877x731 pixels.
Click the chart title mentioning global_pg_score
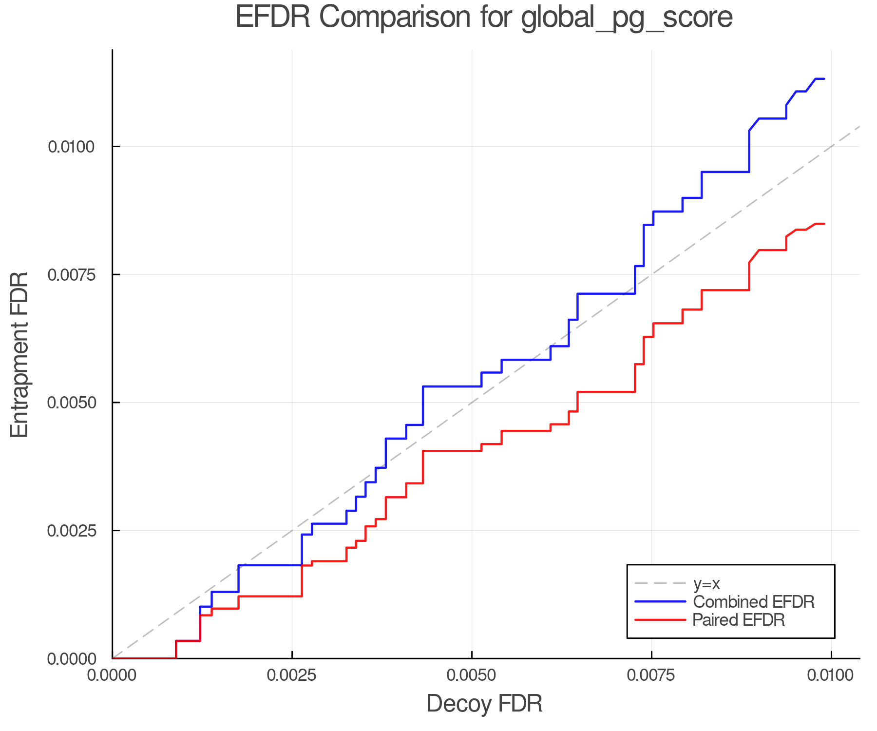coord(484,17)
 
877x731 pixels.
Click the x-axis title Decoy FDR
coord(484,704)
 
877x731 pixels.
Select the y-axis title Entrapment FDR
coord(19,354)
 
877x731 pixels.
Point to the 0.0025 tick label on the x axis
coord(292,675)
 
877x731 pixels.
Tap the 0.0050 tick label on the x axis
coord(472,675)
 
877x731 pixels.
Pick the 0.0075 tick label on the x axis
coord(651,675)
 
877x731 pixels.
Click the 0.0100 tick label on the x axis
coord(831,675)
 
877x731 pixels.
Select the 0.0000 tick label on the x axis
coord(113,675)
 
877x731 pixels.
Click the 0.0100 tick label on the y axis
coord(72,146)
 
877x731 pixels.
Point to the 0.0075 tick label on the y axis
coord(72,274)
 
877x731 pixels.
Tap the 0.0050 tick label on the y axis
coord(72,403)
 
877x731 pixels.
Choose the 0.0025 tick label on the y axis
coord(72,530)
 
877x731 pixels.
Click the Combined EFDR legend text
coord(753,602)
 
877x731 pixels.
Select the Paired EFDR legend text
coord(739,620)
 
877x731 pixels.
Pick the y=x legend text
coord(706,583)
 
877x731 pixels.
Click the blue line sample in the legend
coord(660,602)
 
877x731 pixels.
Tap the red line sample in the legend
coord(660,620)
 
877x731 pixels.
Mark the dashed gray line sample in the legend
coord(660,583)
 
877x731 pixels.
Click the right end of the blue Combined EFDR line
coord(824,78)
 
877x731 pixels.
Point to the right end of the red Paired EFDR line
coord(824,224)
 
